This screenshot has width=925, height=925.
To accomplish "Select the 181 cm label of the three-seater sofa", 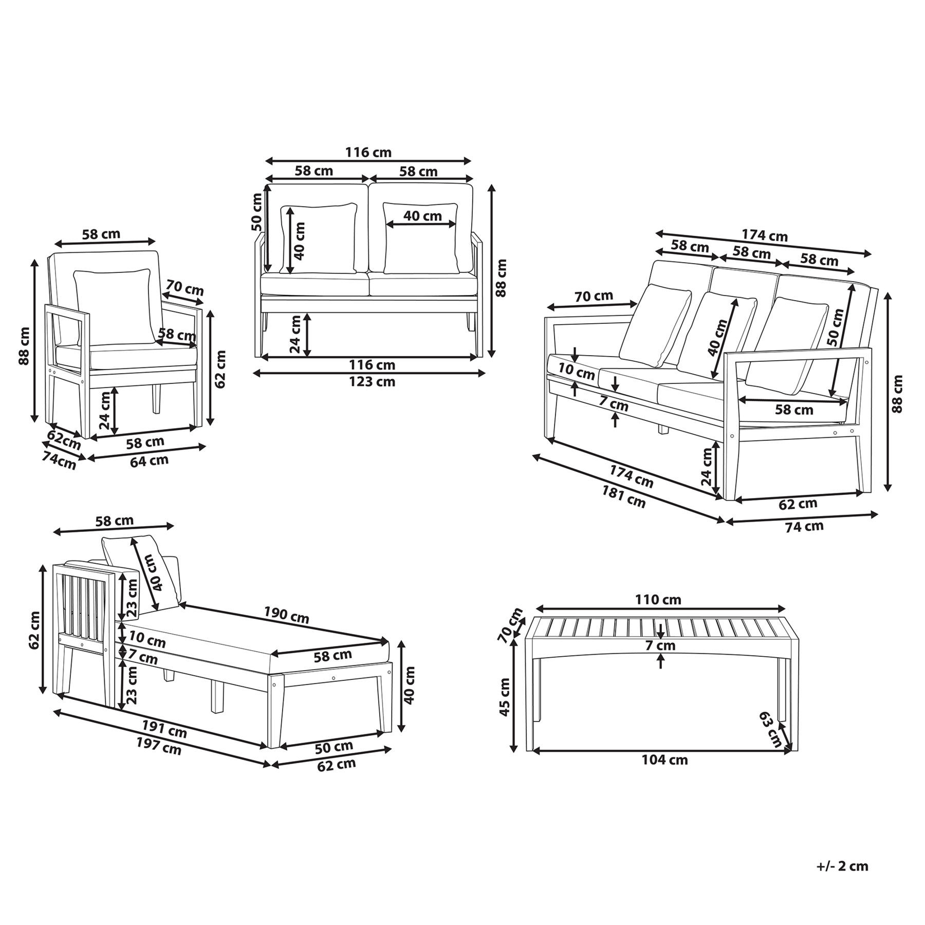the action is click(x=623, y=497).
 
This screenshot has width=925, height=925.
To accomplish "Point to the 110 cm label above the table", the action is click(x=658, y=599).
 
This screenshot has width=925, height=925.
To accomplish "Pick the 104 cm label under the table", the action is click(x=664, y=760).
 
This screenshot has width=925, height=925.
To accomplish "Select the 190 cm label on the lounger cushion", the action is click(x=286, y=615).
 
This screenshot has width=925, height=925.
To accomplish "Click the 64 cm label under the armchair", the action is click(x=149, y=460).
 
